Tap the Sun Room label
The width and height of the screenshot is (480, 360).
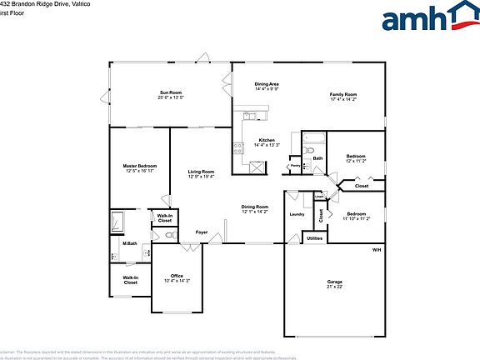171,92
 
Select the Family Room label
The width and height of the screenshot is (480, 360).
343,94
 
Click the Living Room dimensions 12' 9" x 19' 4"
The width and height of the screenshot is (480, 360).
201,177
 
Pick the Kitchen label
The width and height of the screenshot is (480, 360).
267,140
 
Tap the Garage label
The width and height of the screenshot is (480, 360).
334,282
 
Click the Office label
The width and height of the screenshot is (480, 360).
177,276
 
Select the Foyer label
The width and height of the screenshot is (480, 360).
202,232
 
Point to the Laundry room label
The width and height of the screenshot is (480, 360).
297,214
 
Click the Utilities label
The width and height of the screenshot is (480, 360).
314,238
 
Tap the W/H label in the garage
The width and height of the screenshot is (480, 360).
377,250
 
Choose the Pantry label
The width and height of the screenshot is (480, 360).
295,166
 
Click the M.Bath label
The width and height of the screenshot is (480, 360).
129,243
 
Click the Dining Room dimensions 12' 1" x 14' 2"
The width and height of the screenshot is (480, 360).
255,212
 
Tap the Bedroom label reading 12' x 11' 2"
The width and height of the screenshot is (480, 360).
356,160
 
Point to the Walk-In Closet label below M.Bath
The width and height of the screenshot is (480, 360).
131,280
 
